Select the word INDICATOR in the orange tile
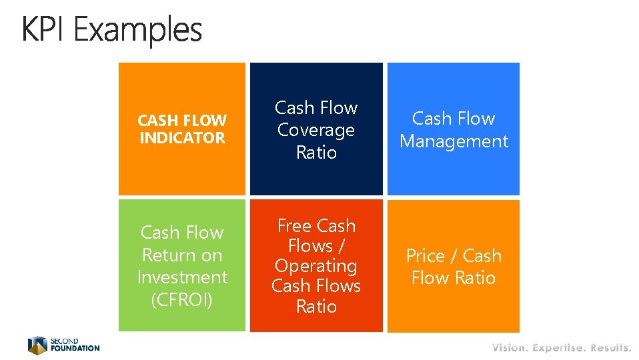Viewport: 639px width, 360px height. click(182, 138)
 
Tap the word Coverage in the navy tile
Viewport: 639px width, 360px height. click(316, 130)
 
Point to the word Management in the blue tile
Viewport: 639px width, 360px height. click(454, 141)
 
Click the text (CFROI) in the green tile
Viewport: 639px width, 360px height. click(182, 300)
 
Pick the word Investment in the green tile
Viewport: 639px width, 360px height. click(182, 277)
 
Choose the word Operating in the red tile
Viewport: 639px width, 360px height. click(316, 266)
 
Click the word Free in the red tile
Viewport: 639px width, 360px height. click(296, 226)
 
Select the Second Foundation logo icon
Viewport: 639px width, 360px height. click(37, 345)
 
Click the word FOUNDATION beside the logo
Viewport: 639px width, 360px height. click(75, 348)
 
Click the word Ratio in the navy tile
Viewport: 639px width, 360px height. click(316, 153)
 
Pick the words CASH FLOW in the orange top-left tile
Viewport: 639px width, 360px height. click(182, 121)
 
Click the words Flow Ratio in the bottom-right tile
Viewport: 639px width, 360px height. click(454, 278)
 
